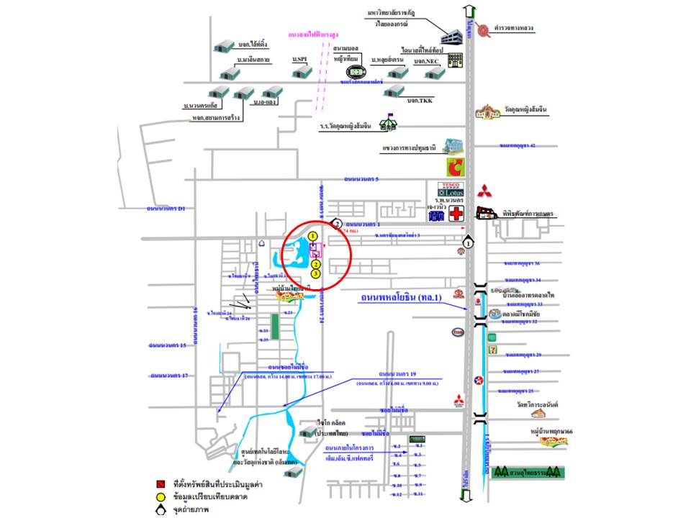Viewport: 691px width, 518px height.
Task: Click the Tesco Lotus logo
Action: coord(450,190)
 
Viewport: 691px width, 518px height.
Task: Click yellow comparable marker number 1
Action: coord(312,236)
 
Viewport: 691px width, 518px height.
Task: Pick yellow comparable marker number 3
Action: coord(315,273)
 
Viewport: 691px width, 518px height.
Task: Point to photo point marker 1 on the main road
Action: coord(469,243)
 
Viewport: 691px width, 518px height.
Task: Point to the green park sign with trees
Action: coord(528,473)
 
